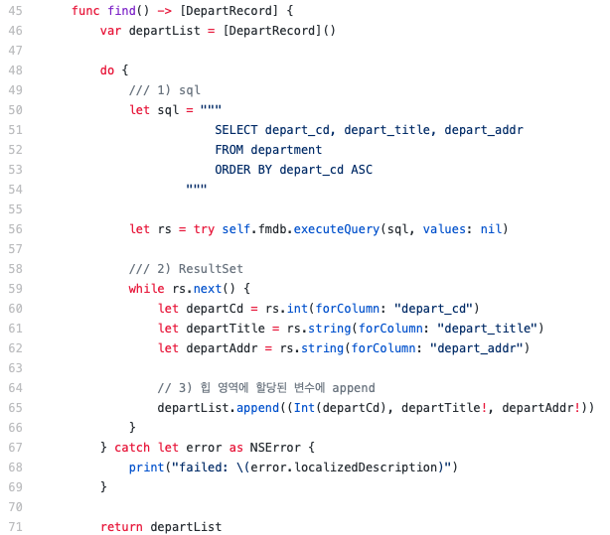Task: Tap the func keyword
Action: pos(85,10)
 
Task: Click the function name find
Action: pos(122,10)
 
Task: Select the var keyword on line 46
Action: pos(111,30)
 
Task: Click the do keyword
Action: pos(107,69)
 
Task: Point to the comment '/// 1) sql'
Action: pos(165,89)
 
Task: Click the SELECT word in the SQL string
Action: pos(235,130)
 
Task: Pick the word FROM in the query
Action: pos(229,150)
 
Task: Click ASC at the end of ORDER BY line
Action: pos(362,170)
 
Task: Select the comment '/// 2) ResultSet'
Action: pos(186,269)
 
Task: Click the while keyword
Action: pos(147,289)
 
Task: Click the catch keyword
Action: pos(132,448)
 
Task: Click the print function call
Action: pos(147,468)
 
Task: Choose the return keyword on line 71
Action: pos(121,527)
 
